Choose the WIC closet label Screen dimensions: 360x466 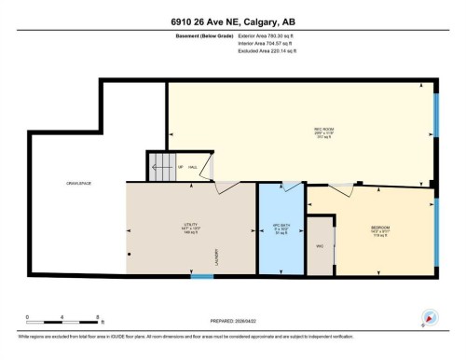coord(320,246)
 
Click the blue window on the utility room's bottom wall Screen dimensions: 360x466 coord(201,276)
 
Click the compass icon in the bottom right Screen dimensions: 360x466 coord(429,317)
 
